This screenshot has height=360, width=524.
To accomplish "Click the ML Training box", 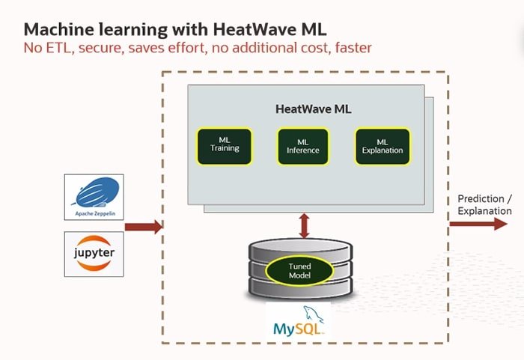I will click(224, 145).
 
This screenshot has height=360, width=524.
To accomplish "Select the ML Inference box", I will click(303, 146).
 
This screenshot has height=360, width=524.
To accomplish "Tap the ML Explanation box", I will click(382, 146).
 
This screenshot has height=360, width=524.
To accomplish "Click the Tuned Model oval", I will click(299, 271).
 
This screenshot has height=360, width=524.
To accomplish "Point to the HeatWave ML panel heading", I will click(313, 109).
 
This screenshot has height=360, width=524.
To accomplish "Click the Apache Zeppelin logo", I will click(94, 196).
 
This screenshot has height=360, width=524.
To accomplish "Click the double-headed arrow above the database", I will click(304, 225).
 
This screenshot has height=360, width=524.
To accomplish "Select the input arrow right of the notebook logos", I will click(143, 226).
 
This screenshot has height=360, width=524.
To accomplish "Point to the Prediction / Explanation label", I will click(484, 204).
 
